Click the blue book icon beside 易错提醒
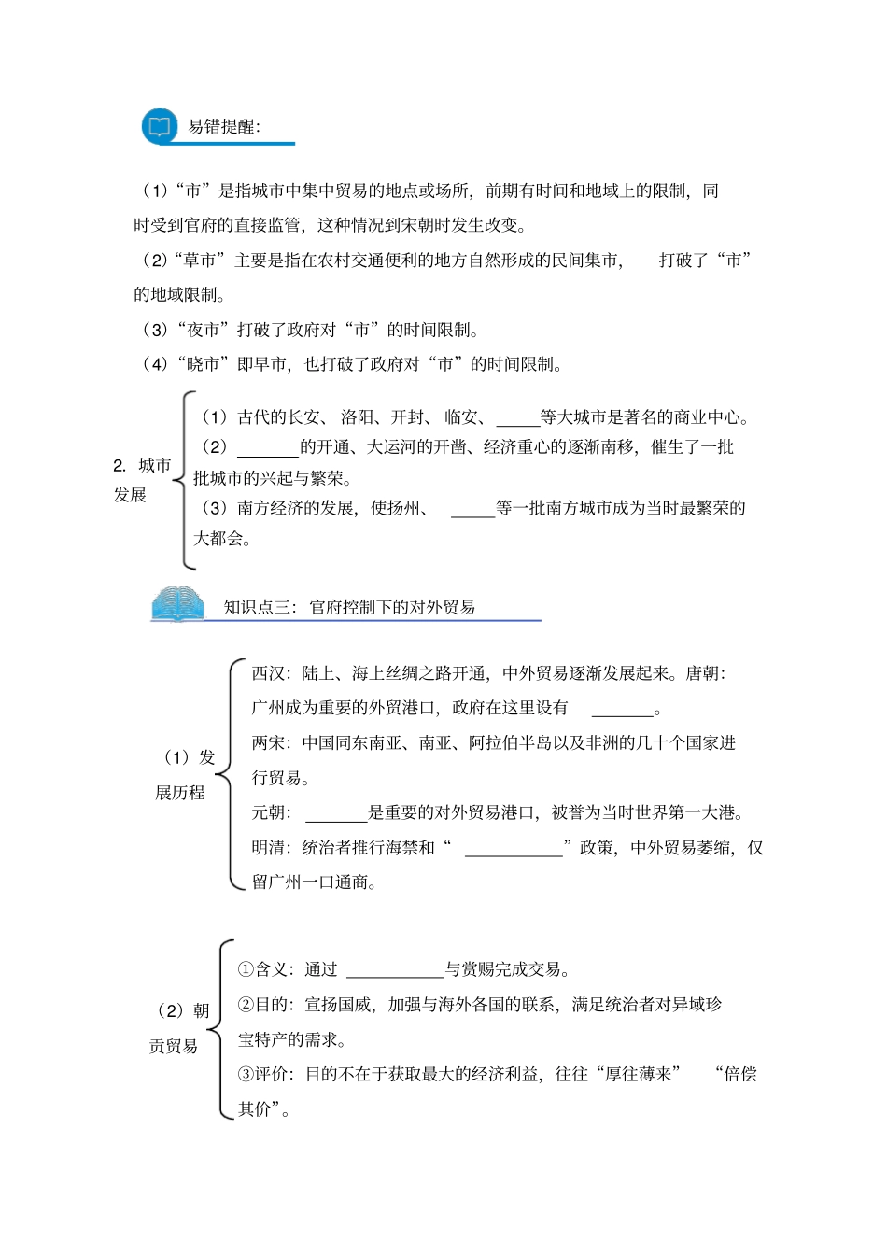(160, 126)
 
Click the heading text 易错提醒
(224, 127)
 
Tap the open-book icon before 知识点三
(177, 604)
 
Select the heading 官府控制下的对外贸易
(392, 607)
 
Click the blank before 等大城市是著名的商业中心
(517, 418)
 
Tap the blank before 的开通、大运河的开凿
(267, 448)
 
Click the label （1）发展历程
(184, 775)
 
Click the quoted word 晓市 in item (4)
(204, 364)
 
